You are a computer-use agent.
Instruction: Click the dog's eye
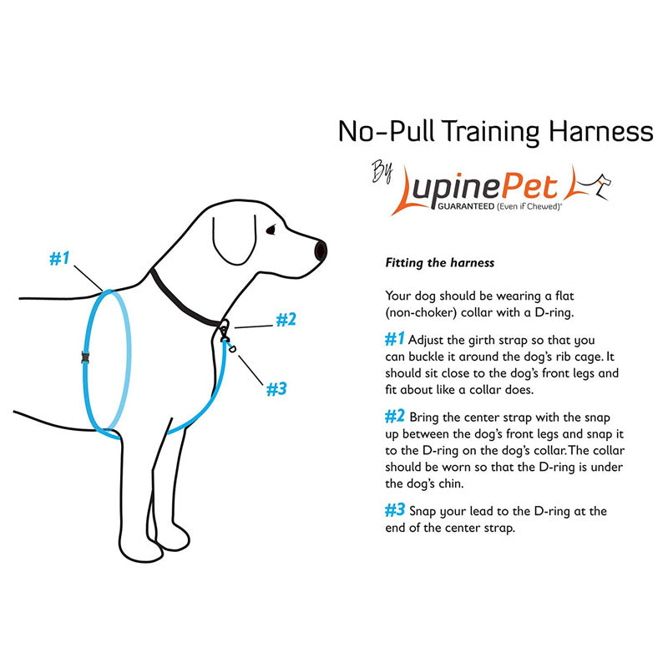tap(271, 230)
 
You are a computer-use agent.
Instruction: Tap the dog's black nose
tap(321, 249)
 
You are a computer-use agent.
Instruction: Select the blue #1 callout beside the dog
tap(58, 259)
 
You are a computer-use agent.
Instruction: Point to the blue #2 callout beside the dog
tap(286, 319)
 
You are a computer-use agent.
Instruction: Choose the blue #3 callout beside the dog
tap(276, 388)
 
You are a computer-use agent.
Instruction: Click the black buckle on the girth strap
tap(85, 357)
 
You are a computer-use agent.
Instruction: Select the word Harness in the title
tap(598, 131)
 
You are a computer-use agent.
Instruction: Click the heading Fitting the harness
tap(439, 263)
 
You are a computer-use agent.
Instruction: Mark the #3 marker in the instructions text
tap(395, 510)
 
